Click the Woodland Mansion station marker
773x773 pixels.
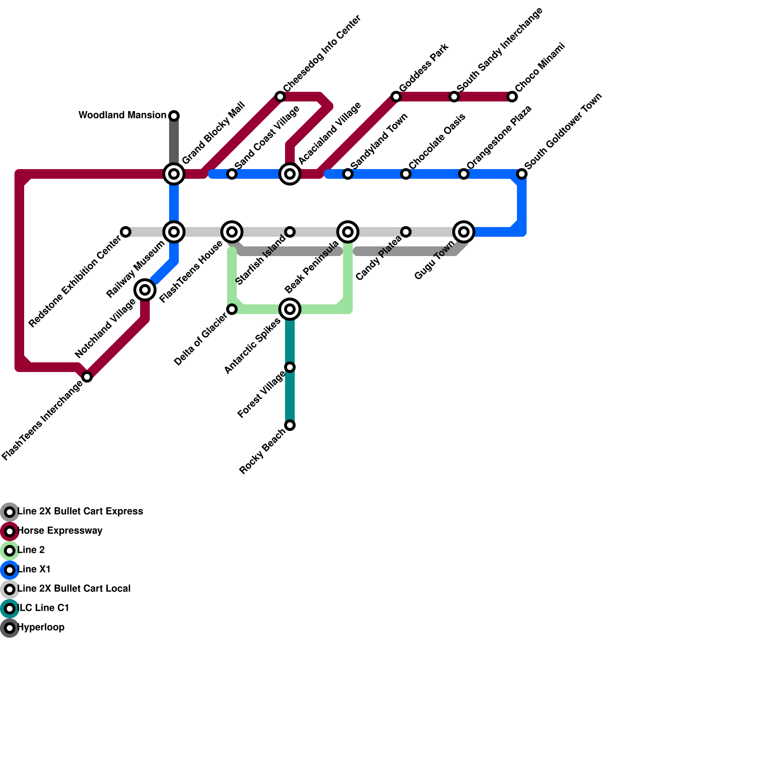(174, 116)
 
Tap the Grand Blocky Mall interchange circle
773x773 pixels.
(174, 174)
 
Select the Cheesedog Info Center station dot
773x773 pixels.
(280, 97)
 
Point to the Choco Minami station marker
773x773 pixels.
(512, 97)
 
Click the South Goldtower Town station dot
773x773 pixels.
(522, 174)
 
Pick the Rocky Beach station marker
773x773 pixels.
(290, 425)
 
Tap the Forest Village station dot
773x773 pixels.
(290, 367)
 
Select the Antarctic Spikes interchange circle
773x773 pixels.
(290, 309)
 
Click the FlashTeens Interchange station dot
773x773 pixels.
(87, 377)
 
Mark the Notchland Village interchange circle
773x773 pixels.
(145, 290)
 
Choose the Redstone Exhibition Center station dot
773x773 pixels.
(126, 232)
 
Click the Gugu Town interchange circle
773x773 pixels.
(464, 232)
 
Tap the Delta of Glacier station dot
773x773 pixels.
(232, 309)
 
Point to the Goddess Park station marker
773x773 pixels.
(396, 97)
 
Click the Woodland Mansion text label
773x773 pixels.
(122, 115)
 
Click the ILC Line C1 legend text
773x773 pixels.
(43, 608)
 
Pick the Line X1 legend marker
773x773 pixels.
(10, 570)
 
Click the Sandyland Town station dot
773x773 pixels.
(348, 174)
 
